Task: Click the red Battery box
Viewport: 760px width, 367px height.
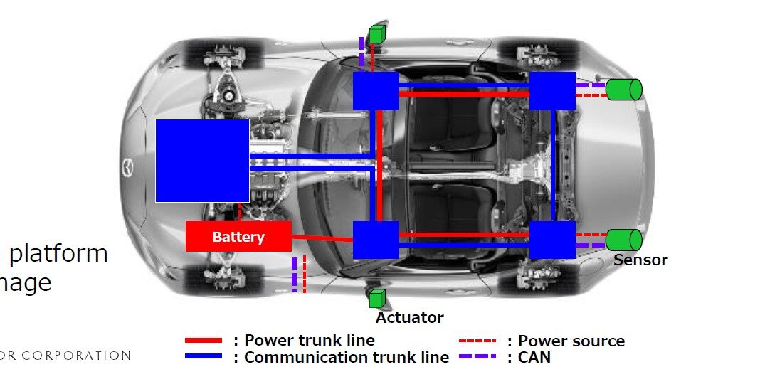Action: (x=238, y=236)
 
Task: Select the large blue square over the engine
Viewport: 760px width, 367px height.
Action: (x=202, y=161)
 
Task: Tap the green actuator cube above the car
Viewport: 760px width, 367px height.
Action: (x=376, y=33)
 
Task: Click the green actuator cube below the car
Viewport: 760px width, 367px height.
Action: (x=376, y=299)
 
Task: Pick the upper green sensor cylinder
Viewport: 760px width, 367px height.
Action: (x=624, y=90)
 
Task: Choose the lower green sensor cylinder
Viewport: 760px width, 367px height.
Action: (x=624, y=240)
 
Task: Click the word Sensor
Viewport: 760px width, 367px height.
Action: (x=640, y=260)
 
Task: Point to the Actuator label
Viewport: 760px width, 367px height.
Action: (x=409, y=318)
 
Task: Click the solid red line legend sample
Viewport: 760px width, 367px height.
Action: (x=204, y=341)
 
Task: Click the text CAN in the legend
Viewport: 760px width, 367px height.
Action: (x=534, y=357)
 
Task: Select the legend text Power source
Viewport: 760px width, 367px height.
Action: (x=571, y=341)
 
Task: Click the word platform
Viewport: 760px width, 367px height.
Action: (x=58, y=253)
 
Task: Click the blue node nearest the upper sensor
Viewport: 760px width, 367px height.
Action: (x=552, y=90)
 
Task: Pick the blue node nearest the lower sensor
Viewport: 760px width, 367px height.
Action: (x=552, y=240)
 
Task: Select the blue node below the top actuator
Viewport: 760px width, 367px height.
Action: (x=375, y=90)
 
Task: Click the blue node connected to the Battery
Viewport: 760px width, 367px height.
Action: (x=375, y=240)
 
